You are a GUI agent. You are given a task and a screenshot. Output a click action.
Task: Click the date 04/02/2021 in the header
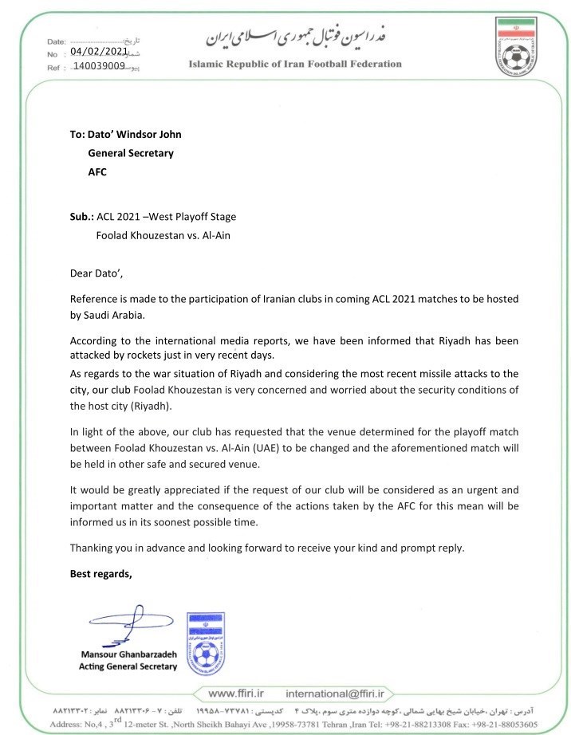click(99, 51)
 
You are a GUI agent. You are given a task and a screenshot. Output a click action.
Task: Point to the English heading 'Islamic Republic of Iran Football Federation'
click(295, 65)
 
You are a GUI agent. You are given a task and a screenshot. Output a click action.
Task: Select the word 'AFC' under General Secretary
click(96, 171)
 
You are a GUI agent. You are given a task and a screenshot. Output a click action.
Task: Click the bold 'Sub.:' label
click(82, 216)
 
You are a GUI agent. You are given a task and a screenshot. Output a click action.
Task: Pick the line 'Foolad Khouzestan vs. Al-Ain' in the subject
click(163, 235)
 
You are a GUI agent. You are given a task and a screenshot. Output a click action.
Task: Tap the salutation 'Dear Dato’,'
click(97, 273)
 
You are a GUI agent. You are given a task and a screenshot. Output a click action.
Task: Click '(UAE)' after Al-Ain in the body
click(305, 447)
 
